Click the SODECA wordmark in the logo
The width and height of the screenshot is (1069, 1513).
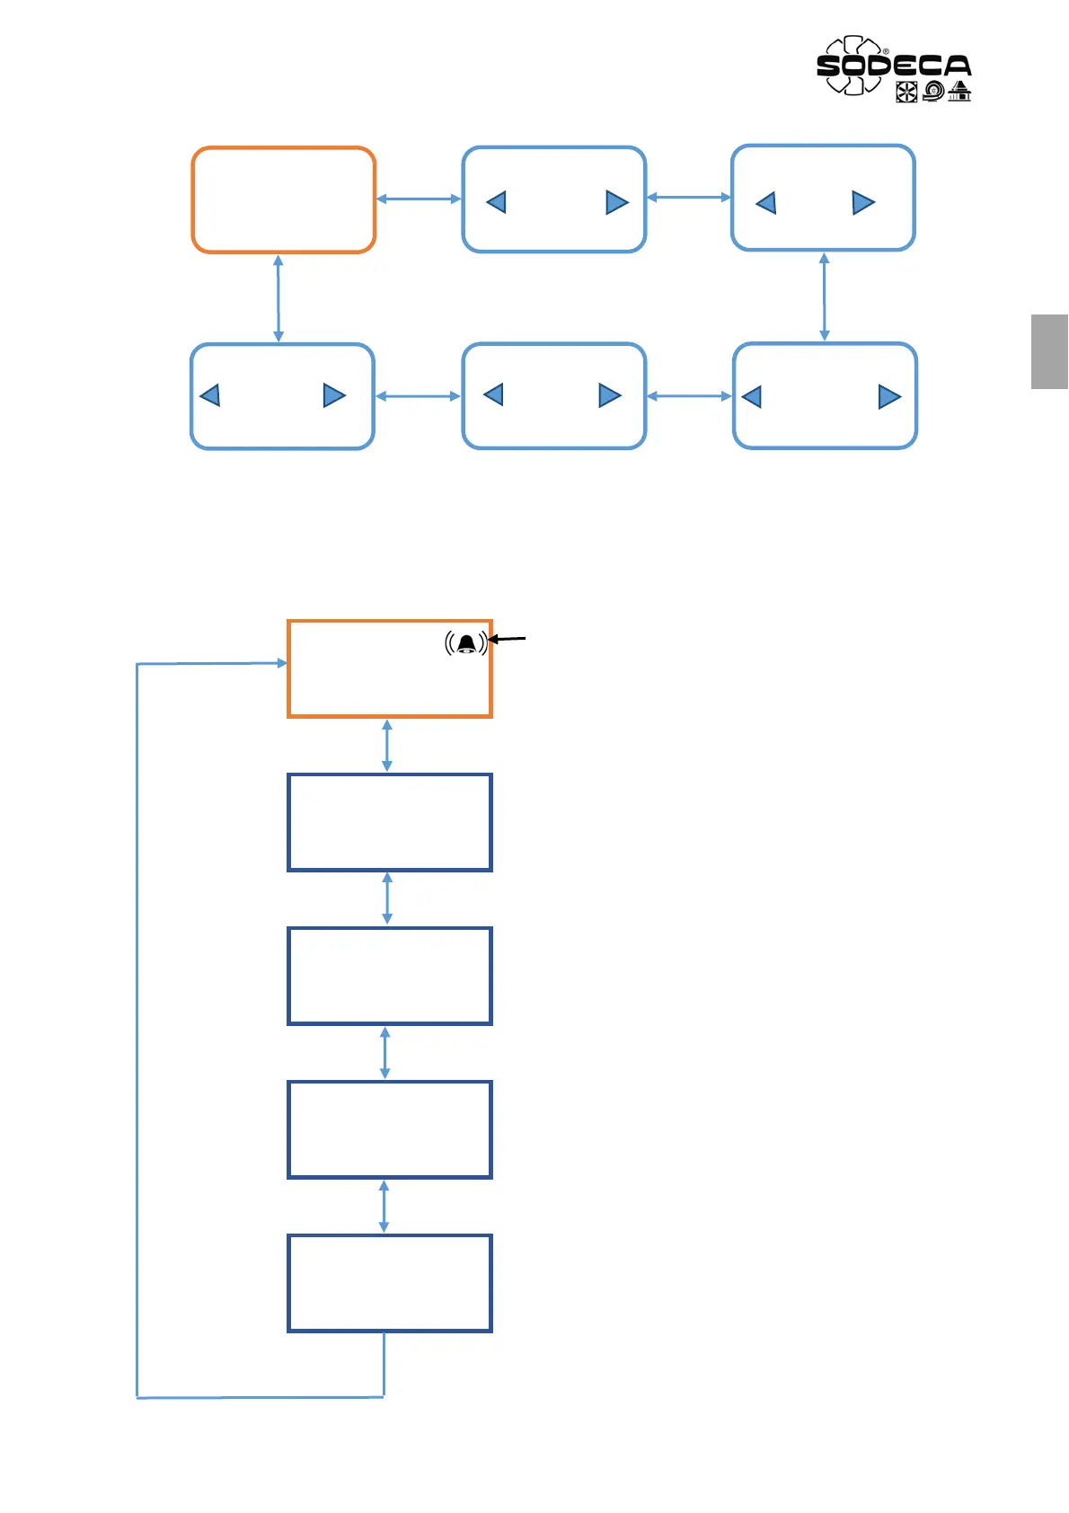[x=894, y=66]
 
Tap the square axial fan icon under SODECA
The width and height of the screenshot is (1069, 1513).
[x=906, y=92]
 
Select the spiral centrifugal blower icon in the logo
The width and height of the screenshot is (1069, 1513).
[x=933, y=91]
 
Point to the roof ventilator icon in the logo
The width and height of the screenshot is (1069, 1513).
[x=959, y=91]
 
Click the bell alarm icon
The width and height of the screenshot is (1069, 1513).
[x=465, y=643]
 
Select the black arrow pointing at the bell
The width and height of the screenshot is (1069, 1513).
[x=508, y=639]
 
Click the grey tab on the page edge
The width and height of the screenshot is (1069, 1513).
[x=1049, y=351]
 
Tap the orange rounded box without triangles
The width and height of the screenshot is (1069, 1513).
[x=283, y=199]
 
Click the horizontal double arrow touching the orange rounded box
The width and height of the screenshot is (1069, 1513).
[x=419, y=199]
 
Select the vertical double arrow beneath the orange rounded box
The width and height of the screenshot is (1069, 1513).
[x=278, y=298]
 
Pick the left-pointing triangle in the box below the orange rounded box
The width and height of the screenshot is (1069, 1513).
[x=210, y=395]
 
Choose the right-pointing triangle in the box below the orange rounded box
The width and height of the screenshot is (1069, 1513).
[x=334, y=395]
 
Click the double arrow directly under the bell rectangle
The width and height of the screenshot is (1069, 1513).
[x=387, y=746]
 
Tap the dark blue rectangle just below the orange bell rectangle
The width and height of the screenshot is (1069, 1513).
[x=389, y=822]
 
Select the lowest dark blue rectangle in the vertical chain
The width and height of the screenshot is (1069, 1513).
[x=389, y=1283]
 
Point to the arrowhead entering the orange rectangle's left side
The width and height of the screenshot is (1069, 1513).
[x=281, y=663]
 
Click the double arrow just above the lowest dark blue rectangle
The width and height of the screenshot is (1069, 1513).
[x=384, y=1207]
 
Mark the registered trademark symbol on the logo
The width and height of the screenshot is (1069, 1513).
[x=886, y=52]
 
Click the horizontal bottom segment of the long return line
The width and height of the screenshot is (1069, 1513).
[x=261, y=1397]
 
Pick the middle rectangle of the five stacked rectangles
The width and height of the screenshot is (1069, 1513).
[x=389, y=976]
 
